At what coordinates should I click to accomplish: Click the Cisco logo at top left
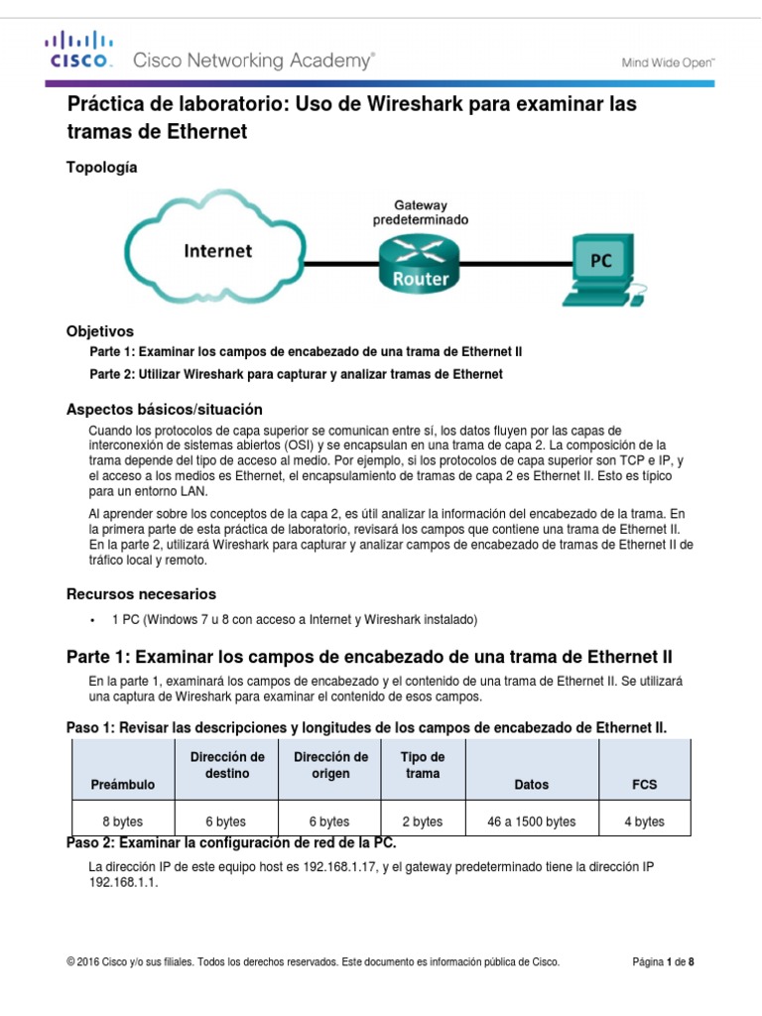click(x=77, y=52)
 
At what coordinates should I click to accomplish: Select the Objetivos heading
click(x=99, y=330)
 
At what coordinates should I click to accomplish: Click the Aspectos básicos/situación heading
click(x=164, y=409)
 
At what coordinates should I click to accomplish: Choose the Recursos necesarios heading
click(x=140, y=594)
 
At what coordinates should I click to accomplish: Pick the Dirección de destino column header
click(x=227, y=765)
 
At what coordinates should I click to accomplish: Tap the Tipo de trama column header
click(x=422, y=765)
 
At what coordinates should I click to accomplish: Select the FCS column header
click(x=645, y=784)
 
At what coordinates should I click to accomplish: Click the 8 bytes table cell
click(x=123, y=822)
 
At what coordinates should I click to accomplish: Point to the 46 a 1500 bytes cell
click(x=532, y=822)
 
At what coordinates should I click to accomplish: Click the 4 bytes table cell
click(x=645, y=822)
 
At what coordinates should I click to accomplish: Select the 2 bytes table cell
click(x=422, y=822)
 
